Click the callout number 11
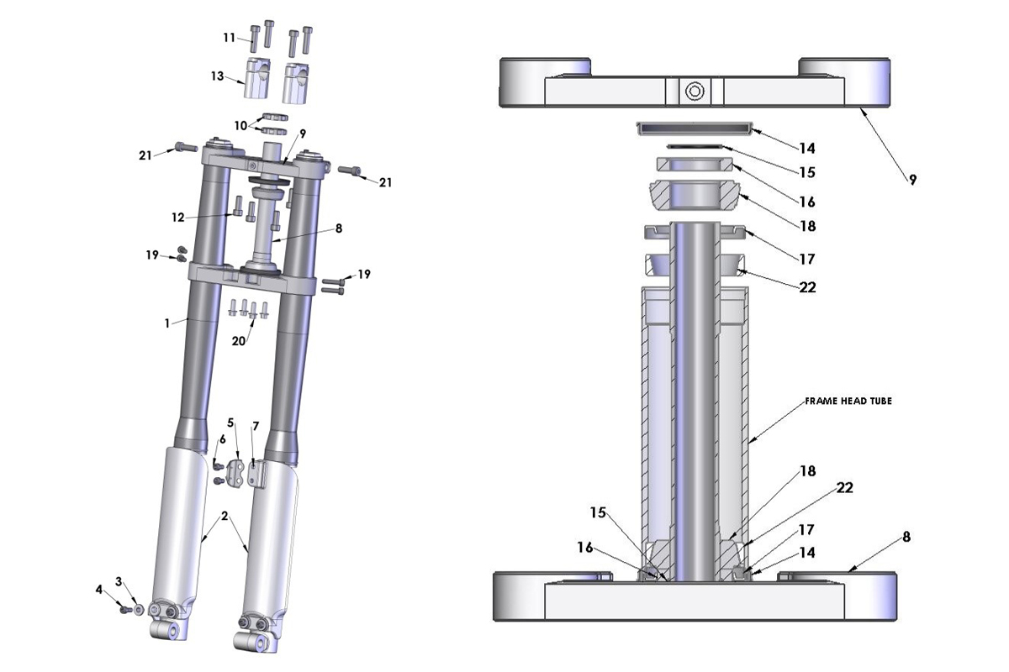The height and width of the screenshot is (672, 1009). (x=229, y=37)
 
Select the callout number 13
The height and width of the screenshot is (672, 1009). (x=217, y=76)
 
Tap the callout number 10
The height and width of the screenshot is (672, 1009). (x=240, y=125)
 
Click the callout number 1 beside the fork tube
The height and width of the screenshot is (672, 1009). (x=167, y=322)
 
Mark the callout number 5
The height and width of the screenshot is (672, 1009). (x=230, y=423)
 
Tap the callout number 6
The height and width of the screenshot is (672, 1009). (x=223, y=438)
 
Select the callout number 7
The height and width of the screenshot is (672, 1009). (x=256, y=427)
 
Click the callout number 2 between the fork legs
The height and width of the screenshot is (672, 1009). (x=225, y=515)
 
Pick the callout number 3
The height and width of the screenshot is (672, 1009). (x=119, y=581)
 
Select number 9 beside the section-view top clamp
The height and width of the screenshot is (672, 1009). (x=912, y=179)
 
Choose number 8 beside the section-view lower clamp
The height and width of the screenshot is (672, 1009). (x=906, y=536)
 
